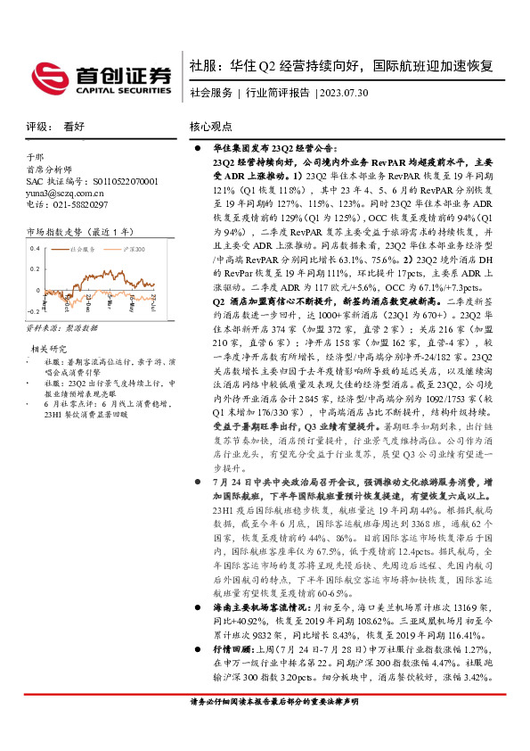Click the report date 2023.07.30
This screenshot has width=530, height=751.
pos(343,92)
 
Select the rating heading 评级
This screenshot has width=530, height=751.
pos(37,128)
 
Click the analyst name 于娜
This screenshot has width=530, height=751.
pos(35,157)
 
